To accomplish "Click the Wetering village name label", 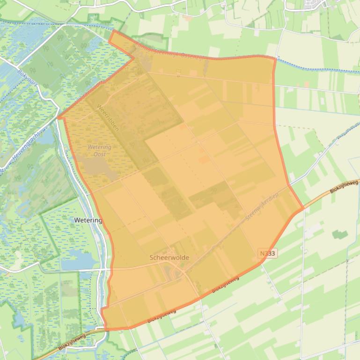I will (88, 220).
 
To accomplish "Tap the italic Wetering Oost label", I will (99, 151).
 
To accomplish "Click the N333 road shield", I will (267, 253).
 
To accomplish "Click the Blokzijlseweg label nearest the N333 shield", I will (225, 285).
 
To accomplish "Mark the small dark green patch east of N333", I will (340, 234).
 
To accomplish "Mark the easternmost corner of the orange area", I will (302, 207).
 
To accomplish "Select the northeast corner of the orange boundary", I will (274, 57).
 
